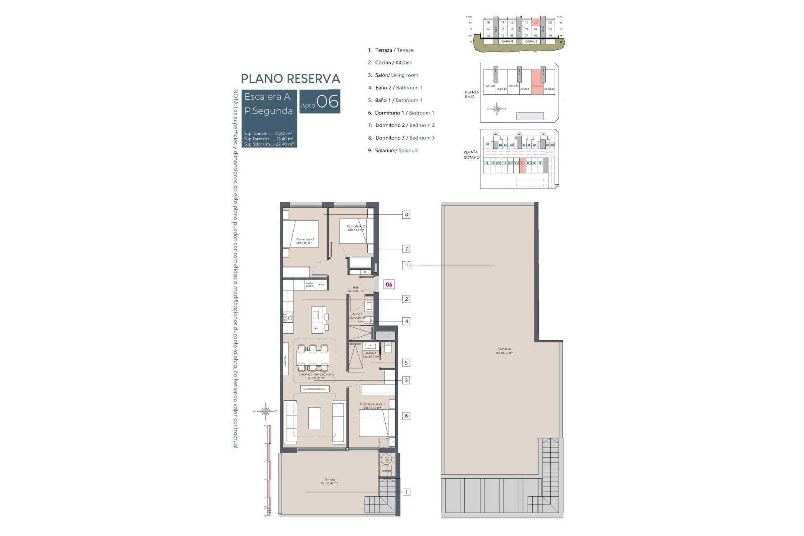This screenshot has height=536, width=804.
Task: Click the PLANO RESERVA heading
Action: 290,79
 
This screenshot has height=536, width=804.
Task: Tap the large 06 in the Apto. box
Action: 327,102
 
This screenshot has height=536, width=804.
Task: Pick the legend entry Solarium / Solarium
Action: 396,150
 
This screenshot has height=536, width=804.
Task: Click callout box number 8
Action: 406,215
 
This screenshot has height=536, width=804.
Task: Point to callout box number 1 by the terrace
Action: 406,492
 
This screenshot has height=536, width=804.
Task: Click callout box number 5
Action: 406,363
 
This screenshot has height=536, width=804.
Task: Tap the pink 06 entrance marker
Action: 389,284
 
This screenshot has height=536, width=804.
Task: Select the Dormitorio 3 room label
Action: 305,241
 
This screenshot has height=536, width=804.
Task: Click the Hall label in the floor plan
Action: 356,289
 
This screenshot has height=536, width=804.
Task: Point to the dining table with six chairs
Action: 313,358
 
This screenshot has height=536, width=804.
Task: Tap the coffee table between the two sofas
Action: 314,418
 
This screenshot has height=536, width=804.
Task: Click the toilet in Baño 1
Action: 387,348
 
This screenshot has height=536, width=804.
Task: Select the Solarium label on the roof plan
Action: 504,351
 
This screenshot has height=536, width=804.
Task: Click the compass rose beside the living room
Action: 265,411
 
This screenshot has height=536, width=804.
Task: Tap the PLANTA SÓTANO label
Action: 471,155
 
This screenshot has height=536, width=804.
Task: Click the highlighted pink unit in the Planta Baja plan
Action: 537,82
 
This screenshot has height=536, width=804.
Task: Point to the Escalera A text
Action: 267,97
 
